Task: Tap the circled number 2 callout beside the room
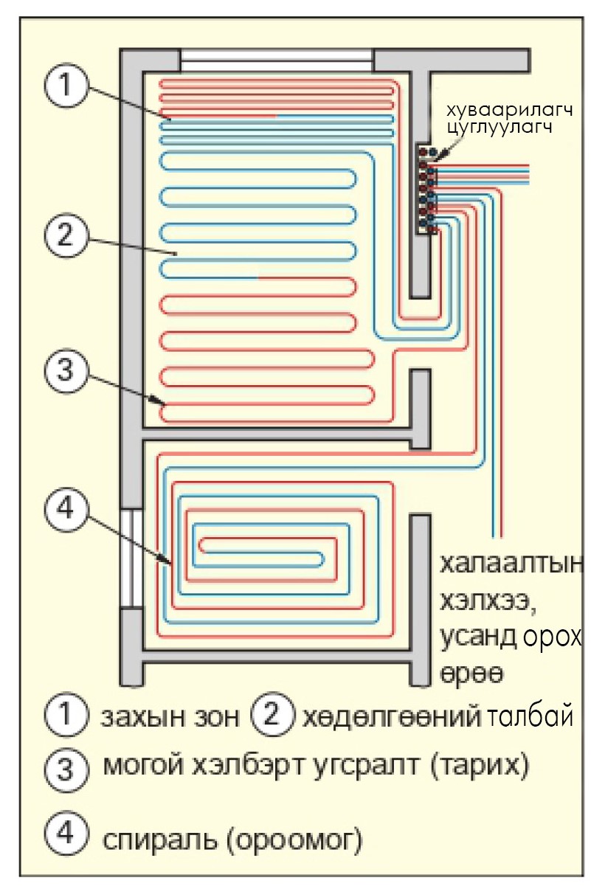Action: (x=66, y=236)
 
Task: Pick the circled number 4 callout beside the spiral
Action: (x=66, y=509)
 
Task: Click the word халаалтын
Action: (x=512, y=567)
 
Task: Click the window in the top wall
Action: (x=277, y=60)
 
